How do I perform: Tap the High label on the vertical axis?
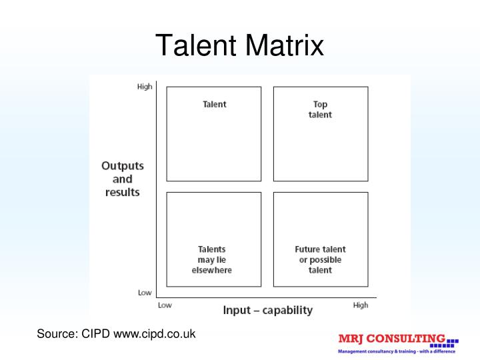pyautogui.click(x=145, y=87)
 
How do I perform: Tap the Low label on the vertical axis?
pyautogui.click(x=145, y=293)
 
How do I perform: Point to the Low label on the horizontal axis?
pyautogui.click(x=164, y=305)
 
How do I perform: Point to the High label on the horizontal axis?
pyautogui.click(x=360, y=305)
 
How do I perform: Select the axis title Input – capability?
pyautogui.click(x=267, y=310)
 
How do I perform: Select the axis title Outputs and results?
pyautogui.click(x=123, y=179)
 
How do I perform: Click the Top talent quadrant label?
pyautogui.click(x=320, y=109)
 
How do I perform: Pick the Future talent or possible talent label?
pyautogui.click(x=320, y=260)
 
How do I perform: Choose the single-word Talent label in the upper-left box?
pyautogui.click(x=215, y=104)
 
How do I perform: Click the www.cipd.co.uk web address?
pyautogui.click(x=155, y=333)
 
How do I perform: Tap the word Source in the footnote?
pyautogui.click(x=56, y=333)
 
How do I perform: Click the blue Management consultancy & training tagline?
pyautogui.click(x=397, y=351)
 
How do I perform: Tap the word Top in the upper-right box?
pyautogui.click(x=320, y=104)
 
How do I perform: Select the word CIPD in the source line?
pyautogui.click(x=97, y=333)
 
